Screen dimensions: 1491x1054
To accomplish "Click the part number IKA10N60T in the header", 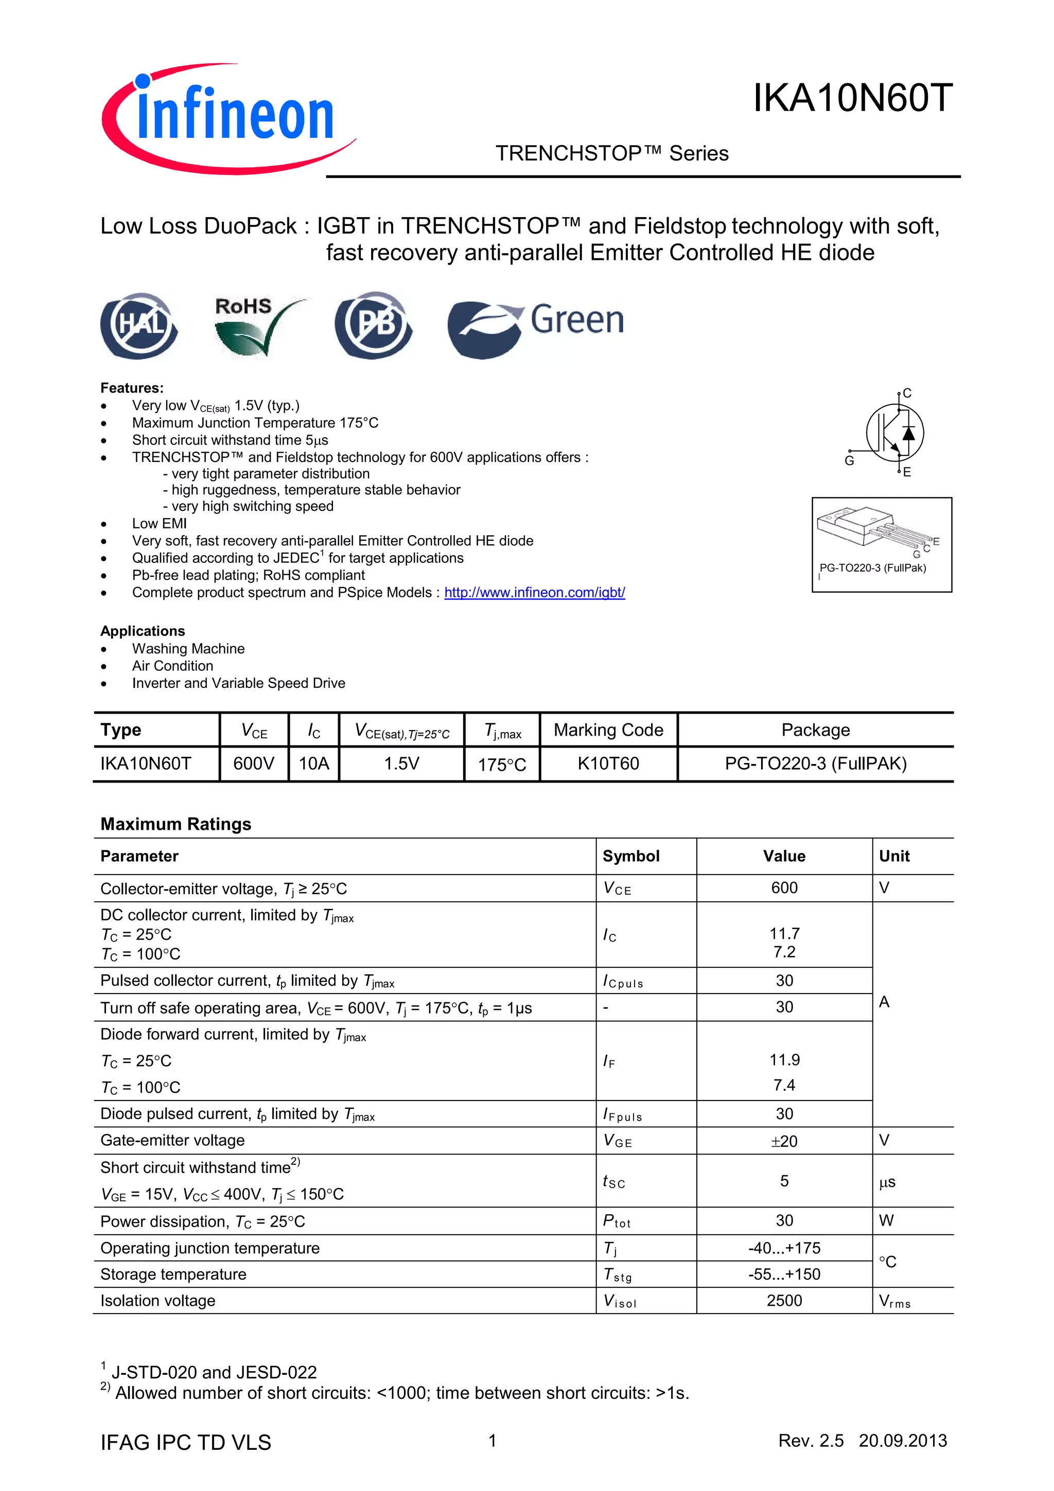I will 852,99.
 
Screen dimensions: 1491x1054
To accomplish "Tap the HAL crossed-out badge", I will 139,325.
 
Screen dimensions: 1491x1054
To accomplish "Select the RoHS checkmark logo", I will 255,326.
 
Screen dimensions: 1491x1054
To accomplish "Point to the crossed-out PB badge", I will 374,325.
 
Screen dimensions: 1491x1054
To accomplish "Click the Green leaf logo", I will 536,327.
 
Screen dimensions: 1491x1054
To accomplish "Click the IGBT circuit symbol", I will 893,433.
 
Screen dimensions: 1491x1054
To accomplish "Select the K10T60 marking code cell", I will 608,764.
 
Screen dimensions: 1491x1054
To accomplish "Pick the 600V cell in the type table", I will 253,764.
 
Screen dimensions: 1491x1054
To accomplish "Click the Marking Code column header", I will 608,730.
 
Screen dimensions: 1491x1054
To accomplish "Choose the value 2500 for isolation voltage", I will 784,1301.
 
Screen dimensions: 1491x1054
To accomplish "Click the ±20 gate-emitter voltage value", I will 784,1141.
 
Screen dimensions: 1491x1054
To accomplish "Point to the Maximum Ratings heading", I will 175,824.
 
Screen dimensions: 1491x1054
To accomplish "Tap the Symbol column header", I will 630,856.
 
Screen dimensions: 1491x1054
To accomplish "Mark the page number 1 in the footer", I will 492,1441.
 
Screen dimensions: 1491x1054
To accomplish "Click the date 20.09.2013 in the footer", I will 902,1441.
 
